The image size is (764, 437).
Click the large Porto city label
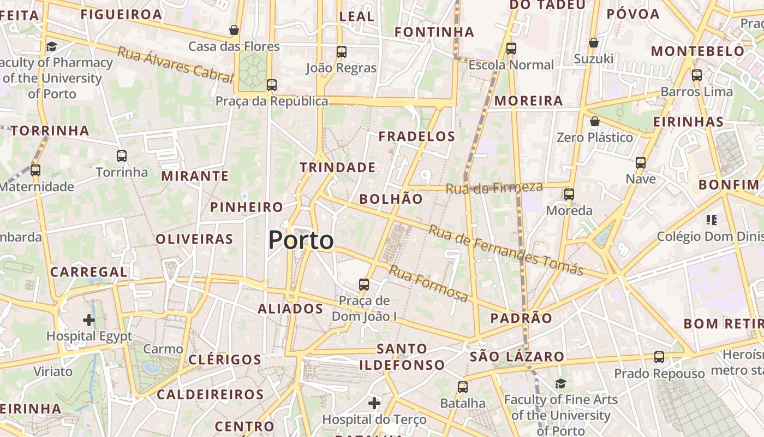pos(301,240)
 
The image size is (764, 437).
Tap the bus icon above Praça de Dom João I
pos(364,285)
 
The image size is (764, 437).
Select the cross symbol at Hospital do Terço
pos(374,404)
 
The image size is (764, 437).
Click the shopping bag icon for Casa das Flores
pos(234,30)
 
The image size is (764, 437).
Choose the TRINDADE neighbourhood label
pos(338,168)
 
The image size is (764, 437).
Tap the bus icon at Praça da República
pos(271,85)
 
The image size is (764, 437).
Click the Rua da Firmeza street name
pos(494,188)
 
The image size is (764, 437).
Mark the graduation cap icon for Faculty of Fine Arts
pos(560,384)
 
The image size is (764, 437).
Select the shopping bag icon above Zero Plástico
pos(595,121)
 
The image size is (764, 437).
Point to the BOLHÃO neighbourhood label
pos(391,199)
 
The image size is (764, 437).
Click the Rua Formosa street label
pos(428,284)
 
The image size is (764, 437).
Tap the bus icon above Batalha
pos(463,387)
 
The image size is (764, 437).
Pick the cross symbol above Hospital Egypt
pos(89,320)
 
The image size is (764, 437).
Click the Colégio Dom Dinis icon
pos(711,220)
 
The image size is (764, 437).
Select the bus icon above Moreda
pos(569,194)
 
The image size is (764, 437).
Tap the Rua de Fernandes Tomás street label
pos(506,250)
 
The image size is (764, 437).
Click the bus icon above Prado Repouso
pos(659,357)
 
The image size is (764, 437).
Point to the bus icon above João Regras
pos(342,52)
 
